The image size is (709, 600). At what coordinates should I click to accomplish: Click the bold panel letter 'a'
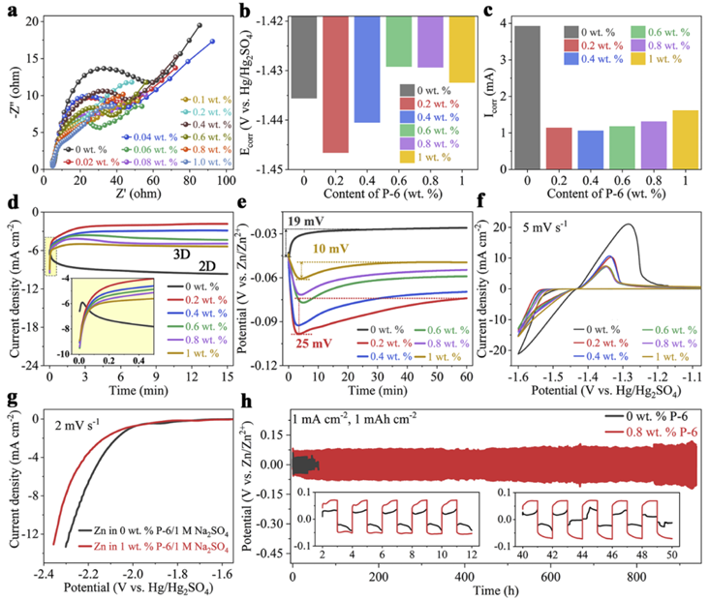(x=8, y=9)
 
